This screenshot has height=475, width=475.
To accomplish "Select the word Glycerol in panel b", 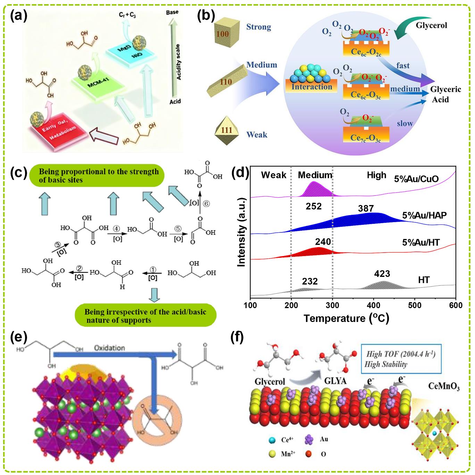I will [x=431, y=25].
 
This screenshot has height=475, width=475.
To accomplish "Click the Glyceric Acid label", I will [x=445, y=94].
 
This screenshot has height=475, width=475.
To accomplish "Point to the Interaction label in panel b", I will [x=311, y=87].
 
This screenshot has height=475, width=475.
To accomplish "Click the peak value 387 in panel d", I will [x=366, y=208].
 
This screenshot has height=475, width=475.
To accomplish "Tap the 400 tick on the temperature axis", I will [x=374, y=305].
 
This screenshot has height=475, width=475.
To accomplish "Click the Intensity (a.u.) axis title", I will [x=242, y=232].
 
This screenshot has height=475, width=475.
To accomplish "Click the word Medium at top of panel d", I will [x=315, y=175].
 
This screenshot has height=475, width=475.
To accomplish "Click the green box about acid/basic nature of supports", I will [x=145, y=316].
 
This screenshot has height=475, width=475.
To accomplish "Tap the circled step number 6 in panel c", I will [x=206, y=204].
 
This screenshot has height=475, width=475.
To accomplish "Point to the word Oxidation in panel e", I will [x=109, y=348].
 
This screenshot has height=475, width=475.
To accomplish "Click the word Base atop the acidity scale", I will [x=172, y=12].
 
